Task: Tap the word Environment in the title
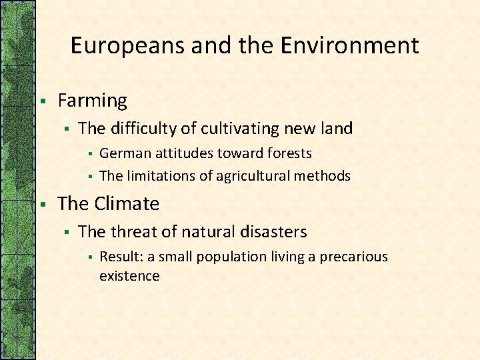click(x=349, y=46)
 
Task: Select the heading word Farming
click(x=92, y=101)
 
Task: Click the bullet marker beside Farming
click(x=42, y=101)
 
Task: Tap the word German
click(x=125, y=153)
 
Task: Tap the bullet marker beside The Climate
click(x=42, y=204)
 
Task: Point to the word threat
click(x=136, y=231)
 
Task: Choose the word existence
click(x=129, y=276)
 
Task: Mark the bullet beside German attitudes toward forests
click(x=89, y=154)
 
